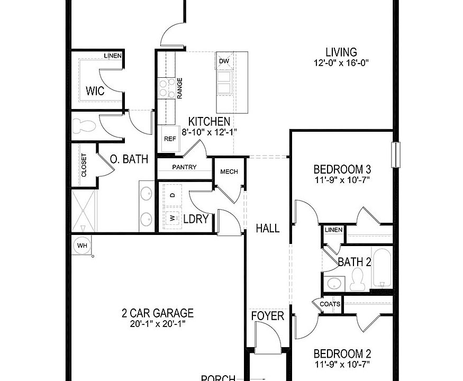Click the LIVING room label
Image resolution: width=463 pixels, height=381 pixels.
click(341, 52)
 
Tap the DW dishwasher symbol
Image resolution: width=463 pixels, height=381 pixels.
click(224, 61)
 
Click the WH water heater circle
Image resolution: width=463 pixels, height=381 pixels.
click(82, 246)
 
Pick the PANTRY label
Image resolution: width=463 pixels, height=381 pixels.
click(184, 167)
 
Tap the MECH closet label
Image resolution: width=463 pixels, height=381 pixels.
click(229, 172)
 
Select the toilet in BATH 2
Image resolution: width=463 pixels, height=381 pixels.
click(358, 278)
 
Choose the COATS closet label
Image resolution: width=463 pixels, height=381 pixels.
click(330, 304)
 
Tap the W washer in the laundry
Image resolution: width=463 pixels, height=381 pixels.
click(173, 217)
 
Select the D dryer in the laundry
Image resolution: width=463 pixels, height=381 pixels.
click(173, 195)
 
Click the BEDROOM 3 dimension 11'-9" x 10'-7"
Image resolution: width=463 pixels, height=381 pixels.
click(342, 180)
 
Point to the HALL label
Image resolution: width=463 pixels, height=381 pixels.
click(268, 229)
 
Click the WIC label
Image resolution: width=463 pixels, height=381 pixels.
click(95, 92)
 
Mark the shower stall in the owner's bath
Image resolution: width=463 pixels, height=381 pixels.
click(84, 210)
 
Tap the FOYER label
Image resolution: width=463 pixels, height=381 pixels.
click(268, 316)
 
